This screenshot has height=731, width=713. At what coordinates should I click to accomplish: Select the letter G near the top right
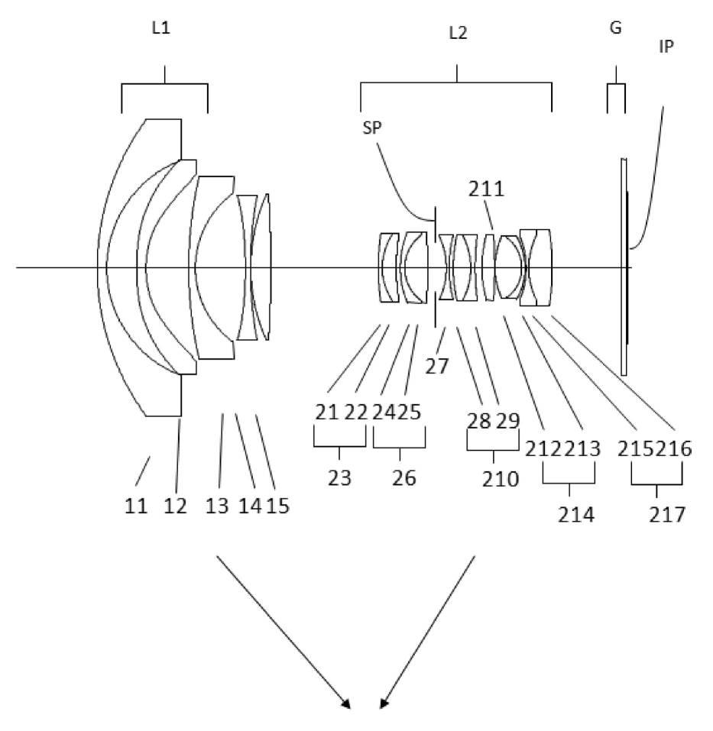[x=615, y=29]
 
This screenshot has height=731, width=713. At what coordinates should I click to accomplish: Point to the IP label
[x=666, y=46]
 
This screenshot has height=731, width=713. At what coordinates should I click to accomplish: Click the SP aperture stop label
[x=372, y=128]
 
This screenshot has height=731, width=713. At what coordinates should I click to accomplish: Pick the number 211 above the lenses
[x=486, y=189]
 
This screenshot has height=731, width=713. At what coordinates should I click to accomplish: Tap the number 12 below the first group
[x=175, y=505]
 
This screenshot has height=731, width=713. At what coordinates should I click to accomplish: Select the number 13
[x=218, y=505]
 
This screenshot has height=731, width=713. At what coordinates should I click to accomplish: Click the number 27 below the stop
[x=437, y=366]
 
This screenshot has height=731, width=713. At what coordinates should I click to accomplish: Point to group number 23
[x=339, y=478]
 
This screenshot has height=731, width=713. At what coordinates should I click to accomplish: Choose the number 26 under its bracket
[x=403, y=478]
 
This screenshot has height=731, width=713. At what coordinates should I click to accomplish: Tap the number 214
[x=576, y=513]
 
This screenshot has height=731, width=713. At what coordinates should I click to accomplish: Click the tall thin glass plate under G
[x=624, y=267]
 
